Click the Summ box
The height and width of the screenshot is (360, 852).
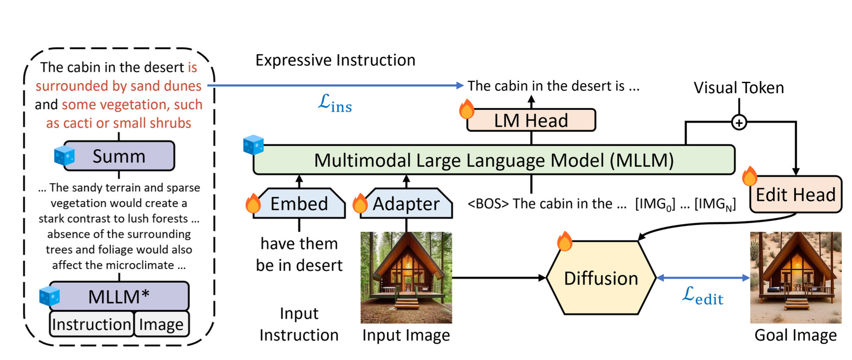119,156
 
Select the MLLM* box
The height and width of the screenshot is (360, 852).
119,297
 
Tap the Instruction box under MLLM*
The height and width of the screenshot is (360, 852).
92,324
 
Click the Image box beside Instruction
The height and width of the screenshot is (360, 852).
162,324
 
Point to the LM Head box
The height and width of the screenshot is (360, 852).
531,120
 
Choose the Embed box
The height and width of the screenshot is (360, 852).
299,203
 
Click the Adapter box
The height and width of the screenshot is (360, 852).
406,203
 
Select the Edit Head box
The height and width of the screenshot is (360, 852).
796,195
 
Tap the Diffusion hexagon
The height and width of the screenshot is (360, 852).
601,278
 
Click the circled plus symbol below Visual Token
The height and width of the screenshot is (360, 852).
739,123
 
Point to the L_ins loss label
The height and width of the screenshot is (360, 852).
335,103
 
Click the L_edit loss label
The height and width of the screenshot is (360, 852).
703,296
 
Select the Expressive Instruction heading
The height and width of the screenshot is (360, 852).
335,60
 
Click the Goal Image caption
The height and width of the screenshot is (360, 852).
796,335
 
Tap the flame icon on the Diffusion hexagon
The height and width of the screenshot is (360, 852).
564,241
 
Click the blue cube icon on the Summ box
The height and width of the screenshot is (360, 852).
64,155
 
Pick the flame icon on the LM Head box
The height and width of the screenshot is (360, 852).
466,109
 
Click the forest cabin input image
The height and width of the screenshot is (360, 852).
406,278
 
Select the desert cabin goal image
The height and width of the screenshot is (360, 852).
796,278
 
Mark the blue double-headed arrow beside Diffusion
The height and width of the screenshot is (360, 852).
703,278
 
